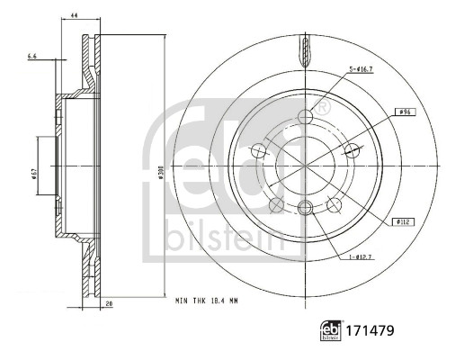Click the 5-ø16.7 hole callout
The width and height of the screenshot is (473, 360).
(361, 69)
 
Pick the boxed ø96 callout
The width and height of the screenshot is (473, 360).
(406, 112)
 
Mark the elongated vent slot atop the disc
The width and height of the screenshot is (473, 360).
(305, 51)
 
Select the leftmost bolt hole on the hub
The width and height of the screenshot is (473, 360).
(259, 150)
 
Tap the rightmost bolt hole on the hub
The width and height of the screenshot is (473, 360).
(352, 150)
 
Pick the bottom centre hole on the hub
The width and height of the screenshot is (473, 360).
(305, 209)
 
